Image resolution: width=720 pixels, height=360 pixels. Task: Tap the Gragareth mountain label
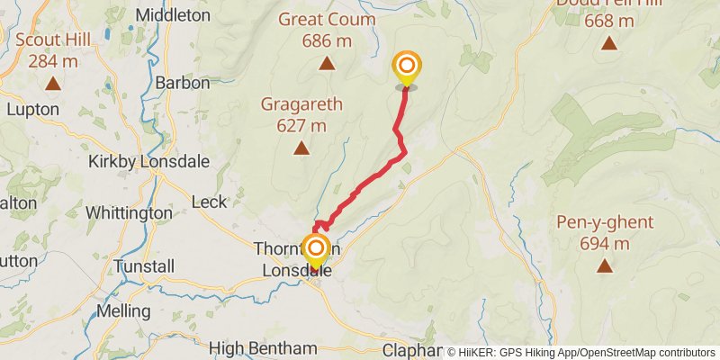coord(301,103)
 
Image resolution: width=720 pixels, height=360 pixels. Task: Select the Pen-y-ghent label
coord(604,222)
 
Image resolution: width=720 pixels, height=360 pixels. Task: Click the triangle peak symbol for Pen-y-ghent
coord(604,265)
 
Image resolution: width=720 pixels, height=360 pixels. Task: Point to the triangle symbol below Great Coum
coord(326,63)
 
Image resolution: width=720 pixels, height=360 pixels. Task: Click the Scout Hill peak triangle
coord(52,84)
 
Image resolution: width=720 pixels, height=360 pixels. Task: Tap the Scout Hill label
coord(52,39)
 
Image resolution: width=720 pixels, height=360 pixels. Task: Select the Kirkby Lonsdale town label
coord(148,162)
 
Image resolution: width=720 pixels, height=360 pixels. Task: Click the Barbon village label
coord(183,83)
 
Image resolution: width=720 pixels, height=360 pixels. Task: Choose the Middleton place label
coord(173,15)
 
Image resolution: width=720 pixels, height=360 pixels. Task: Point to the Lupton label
coord(32,109)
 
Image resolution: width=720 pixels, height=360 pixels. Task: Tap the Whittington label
coord(129,213)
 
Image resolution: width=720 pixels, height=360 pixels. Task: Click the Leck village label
coord(210,202)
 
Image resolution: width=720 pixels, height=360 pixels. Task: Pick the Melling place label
coord(123,310)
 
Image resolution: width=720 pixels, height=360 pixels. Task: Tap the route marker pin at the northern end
coord(407,67)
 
